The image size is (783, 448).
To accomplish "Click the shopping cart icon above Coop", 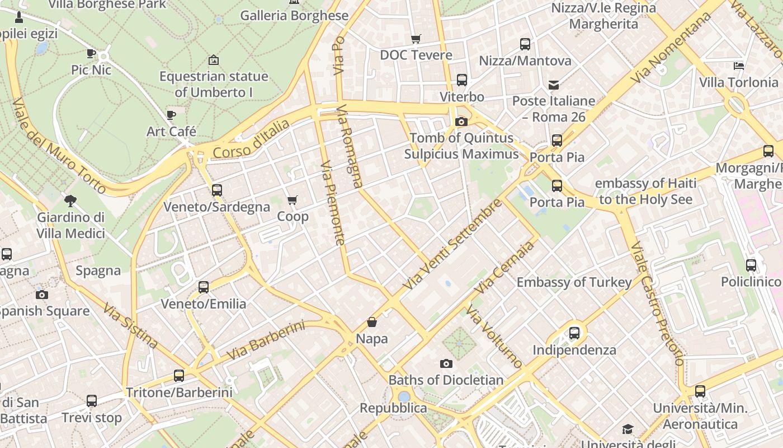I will point(292,200).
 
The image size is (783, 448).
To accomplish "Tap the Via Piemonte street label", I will point(333,203).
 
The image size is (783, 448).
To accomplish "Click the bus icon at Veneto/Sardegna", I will point(217,190).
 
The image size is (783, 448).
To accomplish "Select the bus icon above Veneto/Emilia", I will point(204,287).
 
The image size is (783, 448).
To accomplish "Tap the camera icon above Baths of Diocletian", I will point(446,363).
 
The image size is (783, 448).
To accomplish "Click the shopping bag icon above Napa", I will point(372,322).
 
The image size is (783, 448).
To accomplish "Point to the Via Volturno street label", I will point(494,337).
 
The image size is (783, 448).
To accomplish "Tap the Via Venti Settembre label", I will point(452,244).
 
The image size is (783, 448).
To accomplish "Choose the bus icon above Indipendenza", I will point(574,333).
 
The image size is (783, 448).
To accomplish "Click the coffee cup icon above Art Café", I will point(171,115).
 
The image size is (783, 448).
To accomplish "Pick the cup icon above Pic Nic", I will point(91,54).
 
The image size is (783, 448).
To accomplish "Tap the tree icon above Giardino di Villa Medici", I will point(70,200).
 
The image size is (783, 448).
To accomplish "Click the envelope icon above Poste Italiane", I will point(554,85).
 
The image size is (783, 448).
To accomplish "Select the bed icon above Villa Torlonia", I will point(739,66).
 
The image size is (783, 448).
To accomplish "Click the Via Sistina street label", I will point(130,325).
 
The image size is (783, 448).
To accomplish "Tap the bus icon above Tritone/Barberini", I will point(179,376).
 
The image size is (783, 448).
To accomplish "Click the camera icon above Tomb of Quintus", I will point(461,122).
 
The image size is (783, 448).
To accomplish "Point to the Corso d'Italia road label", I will point(251,138).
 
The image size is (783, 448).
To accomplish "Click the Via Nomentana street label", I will point(671,48).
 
